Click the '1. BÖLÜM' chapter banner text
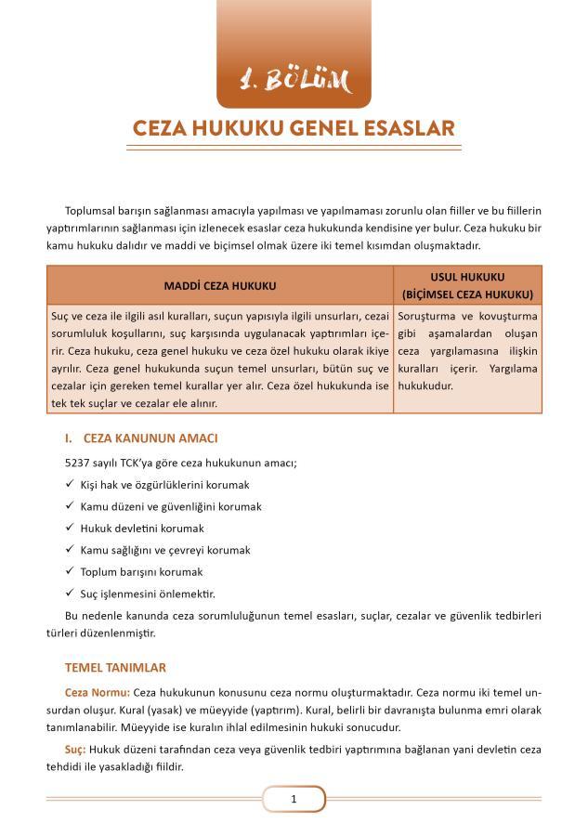pos(294,81)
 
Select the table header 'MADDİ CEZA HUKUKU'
pos(220,286)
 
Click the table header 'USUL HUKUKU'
pos(468,278)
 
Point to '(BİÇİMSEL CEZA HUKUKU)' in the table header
pos(468,294)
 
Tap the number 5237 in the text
pos(81,463)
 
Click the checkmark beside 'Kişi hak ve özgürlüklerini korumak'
pos(70,484)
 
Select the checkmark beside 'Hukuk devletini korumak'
pos(70,528)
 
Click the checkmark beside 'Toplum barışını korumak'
pos(70,571)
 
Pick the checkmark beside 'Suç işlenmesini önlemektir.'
pos(70,593)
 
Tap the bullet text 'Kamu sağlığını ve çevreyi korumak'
pos(165,550)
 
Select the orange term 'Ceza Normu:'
pos(98,693)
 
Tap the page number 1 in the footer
pos(294,799)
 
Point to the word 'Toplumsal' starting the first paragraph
pos(91,212)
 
